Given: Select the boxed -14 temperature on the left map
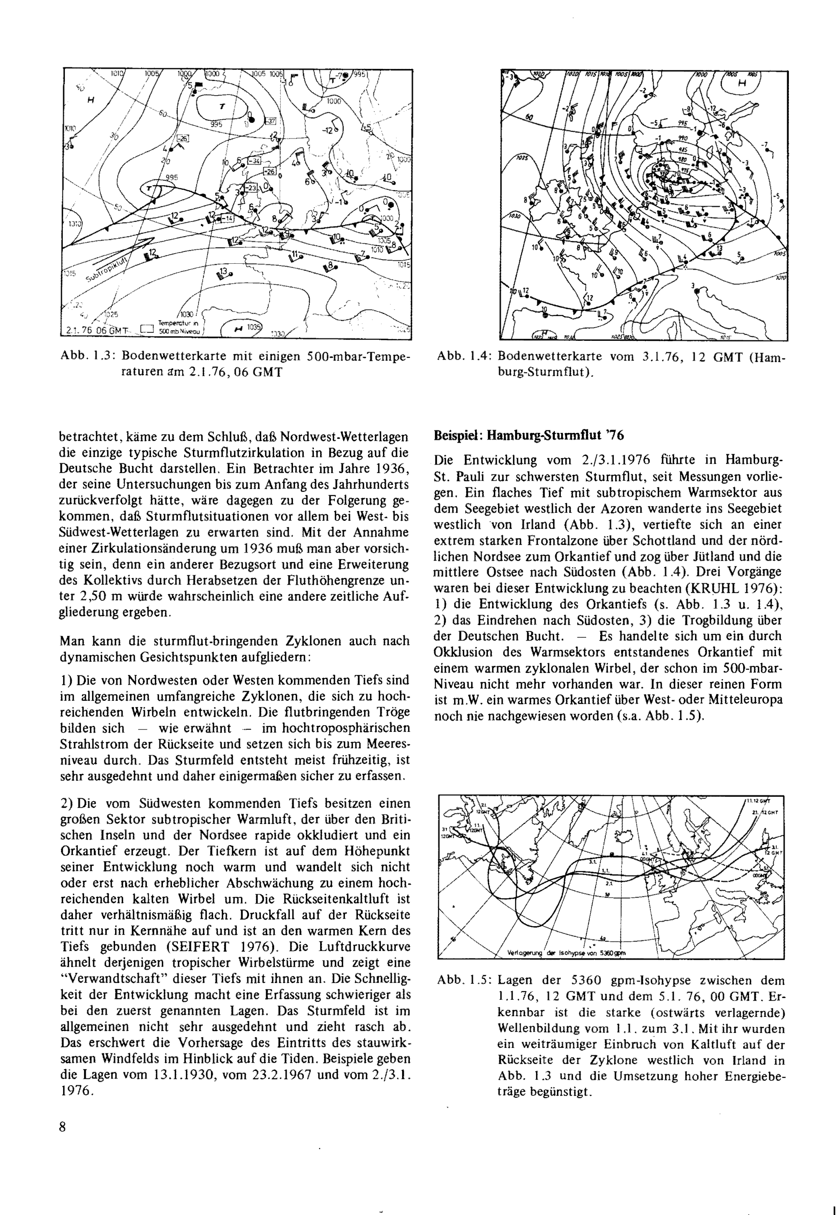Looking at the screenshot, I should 228,218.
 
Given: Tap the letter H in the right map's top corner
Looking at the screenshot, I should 742,83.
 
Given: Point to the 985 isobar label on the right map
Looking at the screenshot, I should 682,149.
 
